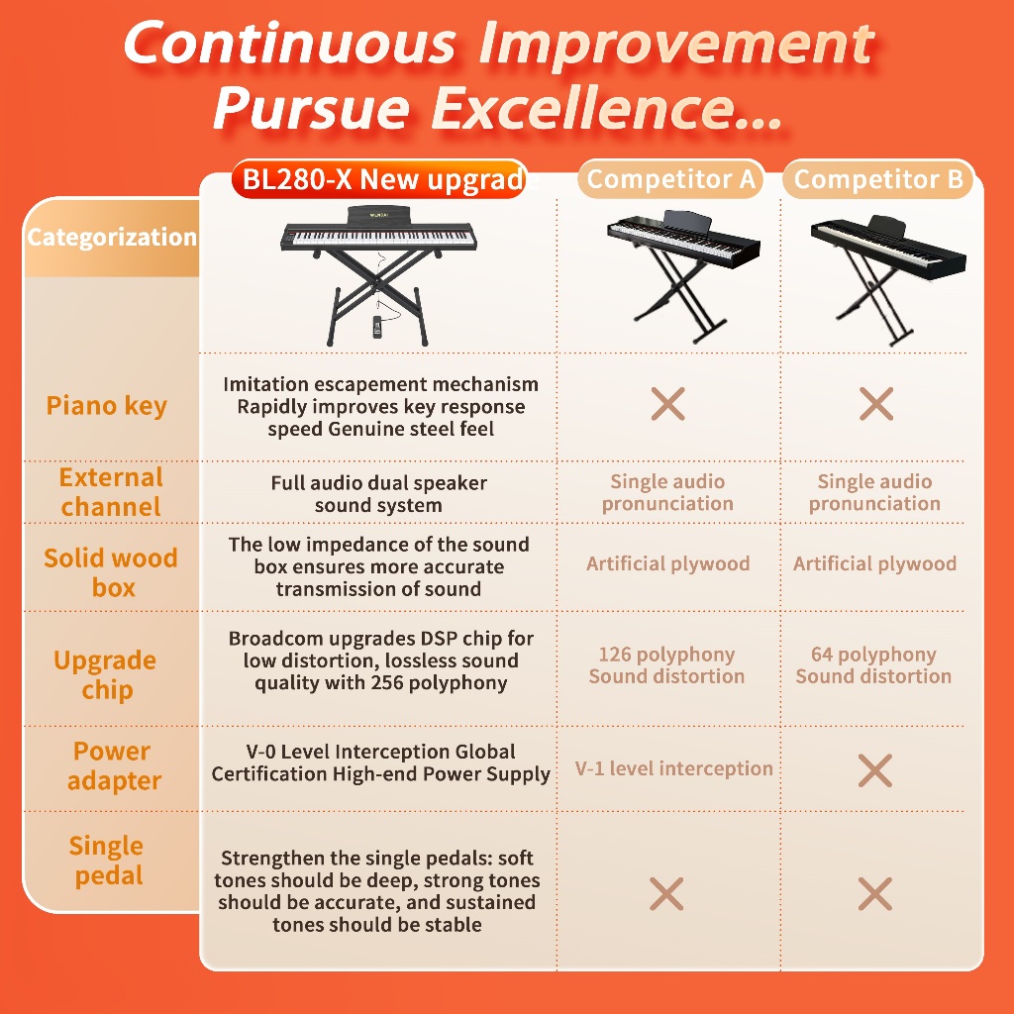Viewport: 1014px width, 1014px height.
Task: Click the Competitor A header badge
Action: point(670,179)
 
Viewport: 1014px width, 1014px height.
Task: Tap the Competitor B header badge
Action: point(878,179)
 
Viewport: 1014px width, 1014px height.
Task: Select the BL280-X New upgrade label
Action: point(380,179)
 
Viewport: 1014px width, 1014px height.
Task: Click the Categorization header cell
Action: point(111,238)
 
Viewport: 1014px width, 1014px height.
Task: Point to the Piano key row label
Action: point(107,406)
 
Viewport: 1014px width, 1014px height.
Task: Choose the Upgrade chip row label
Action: point(105,674)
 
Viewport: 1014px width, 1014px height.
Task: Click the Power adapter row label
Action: point(113,765)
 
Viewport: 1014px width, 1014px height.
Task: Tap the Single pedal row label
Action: point(107,861)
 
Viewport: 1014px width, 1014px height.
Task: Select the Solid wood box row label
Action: point(111,572)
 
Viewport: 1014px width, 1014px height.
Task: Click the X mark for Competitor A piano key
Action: point(668,404)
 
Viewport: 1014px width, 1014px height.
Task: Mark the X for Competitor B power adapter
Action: point(875,770)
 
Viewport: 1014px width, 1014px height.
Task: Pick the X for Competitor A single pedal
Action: point(666,894)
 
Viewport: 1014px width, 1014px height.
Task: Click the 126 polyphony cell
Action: point(666,665)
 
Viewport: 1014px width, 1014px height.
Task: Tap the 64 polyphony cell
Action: point(873,665)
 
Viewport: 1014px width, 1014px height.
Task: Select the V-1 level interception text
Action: point(673,768)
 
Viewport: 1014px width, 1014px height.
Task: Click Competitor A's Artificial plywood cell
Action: point(668,563)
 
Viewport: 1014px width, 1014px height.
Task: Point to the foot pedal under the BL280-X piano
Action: point(376,327)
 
